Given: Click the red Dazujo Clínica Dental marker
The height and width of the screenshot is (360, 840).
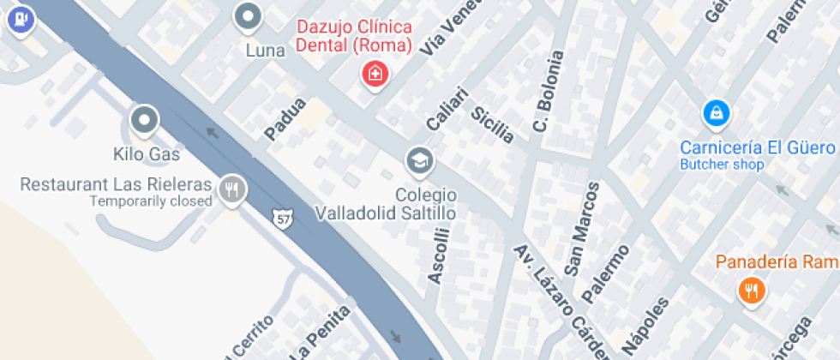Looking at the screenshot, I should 375,74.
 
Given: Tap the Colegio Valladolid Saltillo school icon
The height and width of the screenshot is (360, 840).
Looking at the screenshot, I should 419,159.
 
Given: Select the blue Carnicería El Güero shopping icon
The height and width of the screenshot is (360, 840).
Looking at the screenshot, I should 716,112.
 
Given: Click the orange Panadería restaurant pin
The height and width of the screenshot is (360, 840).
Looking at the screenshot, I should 751,291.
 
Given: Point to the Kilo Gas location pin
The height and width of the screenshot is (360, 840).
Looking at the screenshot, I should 144,120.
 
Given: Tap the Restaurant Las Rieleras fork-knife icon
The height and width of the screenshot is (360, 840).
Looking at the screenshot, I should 231,189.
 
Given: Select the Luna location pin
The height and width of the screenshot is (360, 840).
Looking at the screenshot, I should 249,15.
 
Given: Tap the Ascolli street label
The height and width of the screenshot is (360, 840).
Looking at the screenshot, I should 438,255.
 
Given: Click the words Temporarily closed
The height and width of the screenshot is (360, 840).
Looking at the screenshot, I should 151,201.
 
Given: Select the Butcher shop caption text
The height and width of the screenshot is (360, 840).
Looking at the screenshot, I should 722,164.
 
